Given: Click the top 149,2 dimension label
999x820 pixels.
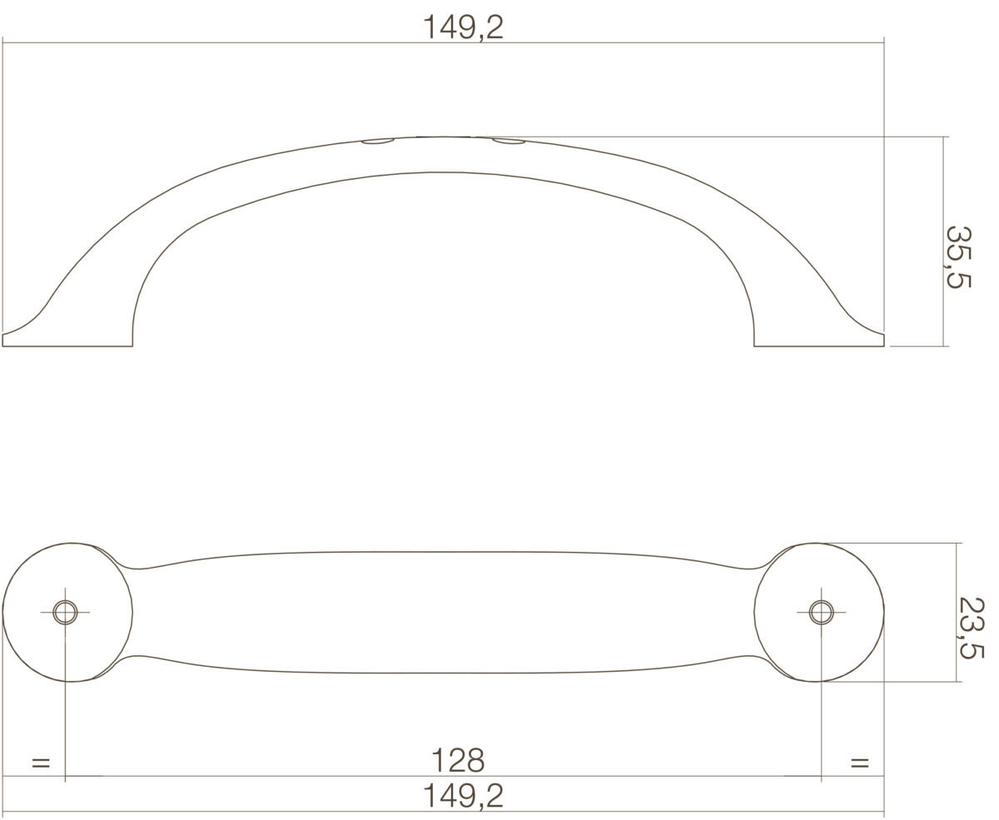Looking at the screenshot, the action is pyautogui.click(x=463, y=27).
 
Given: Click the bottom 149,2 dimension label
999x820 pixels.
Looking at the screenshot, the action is pyautogui.click(x=463, y=796).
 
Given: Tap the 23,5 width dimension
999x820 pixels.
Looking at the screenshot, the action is pyautogui.click(x=972, y=628).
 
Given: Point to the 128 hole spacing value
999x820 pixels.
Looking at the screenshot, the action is pyautogui.click(x=458, y=760).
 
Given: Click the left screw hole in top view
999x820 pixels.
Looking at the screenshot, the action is pyautogui.click(x=65, y=612).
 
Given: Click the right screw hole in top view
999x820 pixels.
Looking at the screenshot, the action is pyautogui.click(x=821, y=612).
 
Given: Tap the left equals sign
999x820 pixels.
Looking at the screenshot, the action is pyautogui.click(x=41, y=763).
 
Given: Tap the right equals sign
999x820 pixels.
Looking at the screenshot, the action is pyautogui.click(x=860, y=763).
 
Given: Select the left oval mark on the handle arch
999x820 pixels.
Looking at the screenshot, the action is pyautogui.click(x=378, y=142).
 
